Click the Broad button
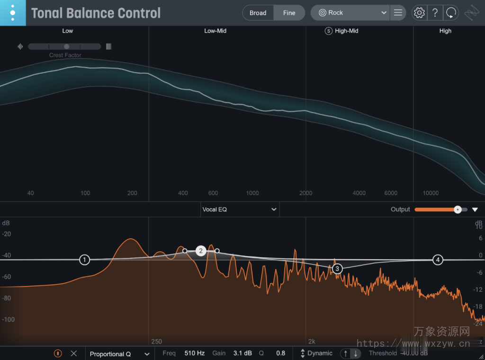pos(258,13)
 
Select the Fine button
pos(289,13)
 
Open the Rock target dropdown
pos(353,13)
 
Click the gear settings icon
pos(419,13)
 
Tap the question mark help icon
pos(435,13)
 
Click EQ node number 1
pos(84,260)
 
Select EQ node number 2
pos(201,251)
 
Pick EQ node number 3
pos(337,269)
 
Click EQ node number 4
pos(438,260)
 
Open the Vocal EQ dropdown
pos(240,209)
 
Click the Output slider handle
pos(458,209)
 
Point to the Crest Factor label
pos(65,55)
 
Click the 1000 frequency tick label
pos(252,193)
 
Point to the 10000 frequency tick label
pos(431,193)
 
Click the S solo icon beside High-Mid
pos(328,31)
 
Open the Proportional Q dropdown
pos(119,353)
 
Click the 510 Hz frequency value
pos(194,353)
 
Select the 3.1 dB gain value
pos(242,353)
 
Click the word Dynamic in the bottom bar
pos(320,353)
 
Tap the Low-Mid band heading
pos(215,31)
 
